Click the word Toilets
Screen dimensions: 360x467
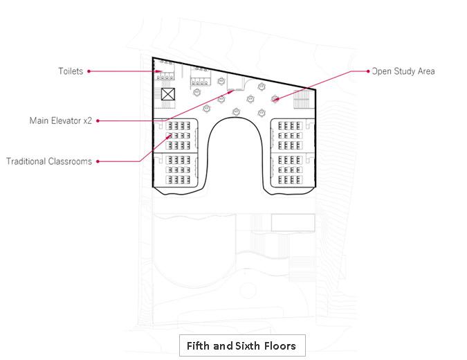point(71,71)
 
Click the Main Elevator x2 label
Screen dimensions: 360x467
point(60,120)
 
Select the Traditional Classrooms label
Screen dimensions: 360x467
point(49,161)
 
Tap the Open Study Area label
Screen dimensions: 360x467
point(403,71)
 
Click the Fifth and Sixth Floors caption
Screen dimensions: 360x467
point(241,345)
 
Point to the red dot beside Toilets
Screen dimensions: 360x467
point(89,71)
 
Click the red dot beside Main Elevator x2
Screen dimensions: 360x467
point(98,120)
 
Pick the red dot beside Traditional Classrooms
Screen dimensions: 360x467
point(98,161)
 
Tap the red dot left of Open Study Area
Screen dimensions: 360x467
point(367,71)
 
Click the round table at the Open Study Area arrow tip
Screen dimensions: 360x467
point(275,99)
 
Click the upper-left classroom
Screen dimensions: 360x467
point(179,135)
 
